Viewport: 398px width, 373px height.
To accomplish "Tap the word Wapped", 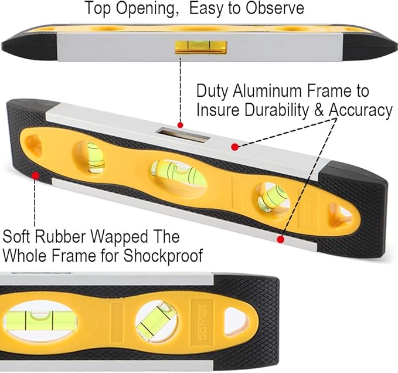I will pos(108,238).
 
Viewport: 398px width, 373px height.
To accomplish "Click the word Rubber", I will pos(60,238).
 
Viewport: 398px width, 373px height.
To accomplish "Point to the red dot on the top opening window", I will pos(181,125).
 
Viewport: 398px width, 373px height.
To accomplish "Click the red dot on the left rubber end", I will pos(36,174).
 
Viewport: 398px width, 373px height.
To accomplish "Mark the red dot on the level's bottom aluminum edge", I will pos(280,239).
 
